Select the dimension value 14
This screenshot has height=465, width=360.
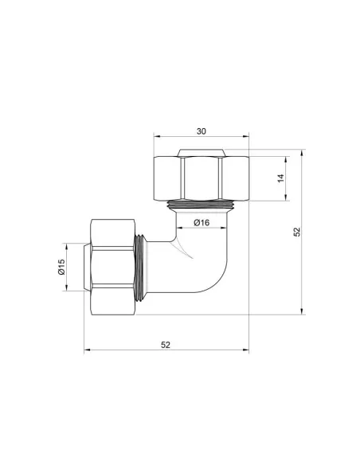(280, 178)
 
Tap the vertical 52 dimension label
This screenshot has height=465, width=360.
(296, 232)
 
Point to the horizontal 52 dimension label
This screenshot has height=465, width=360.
(166, 344)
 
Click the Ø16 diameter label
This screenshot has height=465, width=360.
(201, 223)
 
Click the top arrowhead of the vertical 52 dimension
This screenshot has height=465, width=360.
(303, 152)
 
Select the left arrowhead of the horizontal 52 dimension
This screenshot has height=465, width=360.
(87, 351)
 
